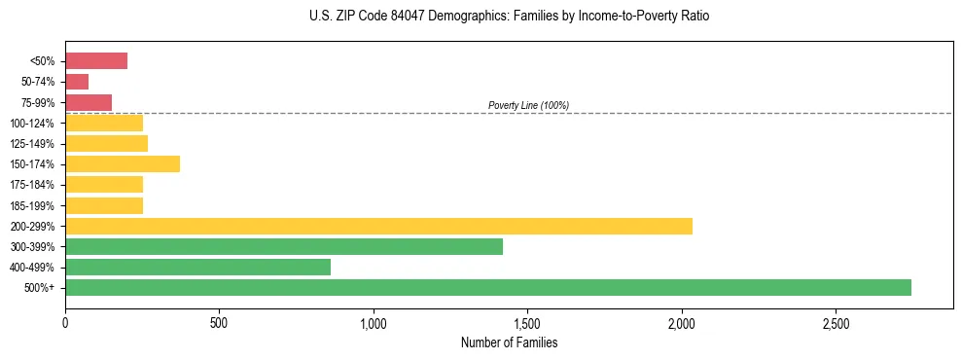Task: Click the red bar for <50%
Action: point(96,61)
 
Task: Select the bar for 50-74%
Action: point(77,82)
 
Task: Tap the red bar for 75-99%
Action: point(89,102)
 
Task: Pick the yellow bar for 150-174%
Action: point(123,163)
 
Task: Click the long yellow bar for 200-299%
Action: point(378,226)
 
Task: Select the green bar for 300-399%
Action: point(284,246)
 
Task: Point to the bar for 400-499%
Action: point(197,267)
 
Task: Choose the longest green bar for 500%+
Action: point(488,287)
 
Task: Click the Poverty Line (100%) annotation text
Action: point(528,105)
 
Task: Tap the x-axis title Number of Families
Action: point(509,342)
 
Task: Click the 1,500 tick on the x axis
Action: point(527,322)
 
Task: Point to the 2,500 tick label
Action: point(836,322)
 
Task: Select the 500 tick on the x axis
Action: point(219,322)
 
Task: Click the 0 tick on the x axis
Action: point(65,322)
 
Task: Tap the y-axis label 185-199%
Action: point(32,205)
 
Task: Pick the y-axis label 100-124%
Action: point(32,124)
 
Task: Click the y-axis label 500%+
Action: point(40,288)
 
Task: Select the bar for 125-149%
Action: point(106,143)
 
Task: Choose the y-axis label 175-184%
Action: point(32,185)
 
